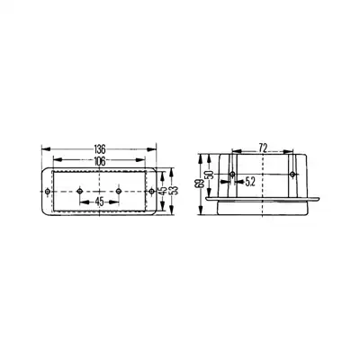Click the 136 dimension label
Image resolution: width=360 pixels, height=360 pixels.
pos(100,148)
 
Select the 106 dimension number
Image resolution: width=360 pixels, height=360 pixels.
pos(100,161)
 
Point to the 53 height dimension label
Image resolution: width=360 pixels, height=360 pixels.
pos(175,191)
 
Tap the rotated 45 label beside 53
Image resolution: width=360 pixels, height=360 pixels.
pos(164,191)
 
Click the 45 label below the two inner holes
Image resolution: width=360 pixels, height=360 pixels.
pos(99,202)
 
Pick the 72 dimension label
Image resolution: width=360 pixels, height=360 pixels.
pos(263,148)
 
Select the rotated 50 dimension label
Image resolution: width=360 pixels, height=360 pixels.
pos(209,175)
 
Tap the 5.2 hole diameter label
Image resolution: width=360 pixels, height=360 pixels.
pos(250,182)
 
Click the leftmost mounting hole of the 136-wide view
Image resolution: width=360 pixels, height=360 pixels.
pos(47,192)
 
